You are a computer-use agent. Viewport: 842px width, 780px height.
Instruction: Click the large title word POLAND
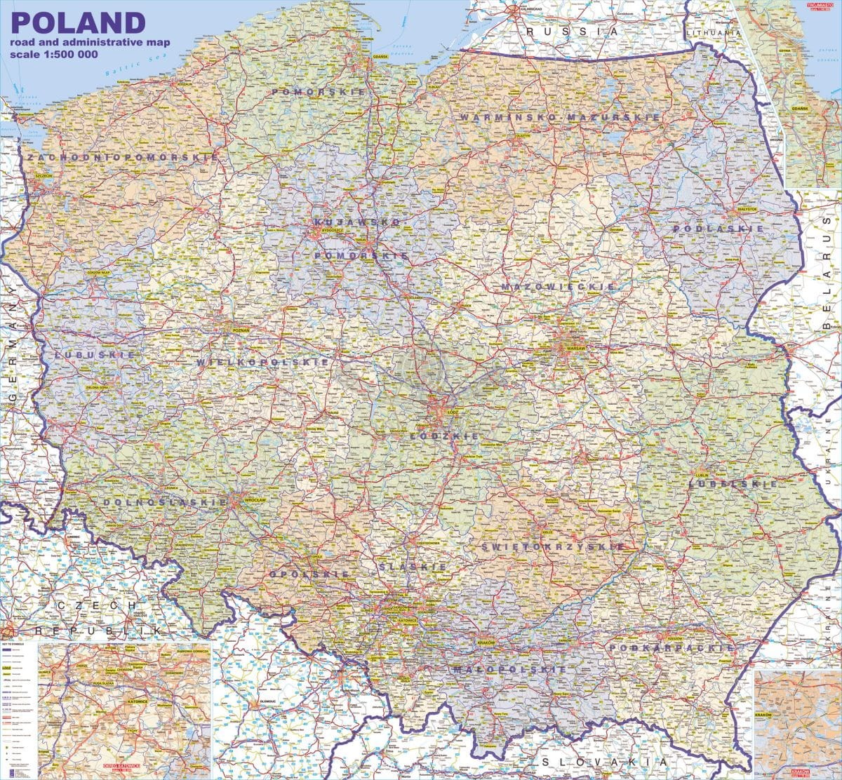point(78,22)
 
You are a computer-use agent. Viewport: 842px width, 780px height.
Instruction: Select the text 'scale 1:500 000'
point(53,55)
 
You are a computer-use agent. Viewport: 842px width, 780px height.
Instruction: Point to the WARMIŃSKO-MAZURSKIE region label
point(560,117)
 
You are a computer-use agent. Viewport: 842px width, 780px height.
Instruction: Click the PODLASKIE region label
point(718,229)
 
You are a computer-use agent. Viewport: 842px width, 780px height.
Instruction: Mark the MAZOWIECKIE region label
point(559,287)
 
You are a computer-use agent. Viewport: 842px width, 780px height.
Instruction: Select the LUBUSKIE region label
point(93,356)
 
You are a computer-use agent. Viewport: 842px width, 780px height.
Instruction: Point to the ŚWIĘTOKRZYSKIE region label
point(554,546)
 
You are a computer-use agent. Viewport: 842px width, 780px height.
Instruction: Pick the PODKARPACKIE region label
point(671,648)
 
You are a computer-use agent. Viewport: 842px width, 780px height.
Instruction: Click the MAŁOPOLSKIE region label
point(509,670)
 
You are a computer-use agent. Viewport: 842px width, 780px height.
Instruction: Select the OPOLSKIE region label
point(309,574)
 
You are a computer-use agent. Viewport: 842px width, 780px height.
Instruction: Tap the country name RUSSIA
point(573,32)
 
